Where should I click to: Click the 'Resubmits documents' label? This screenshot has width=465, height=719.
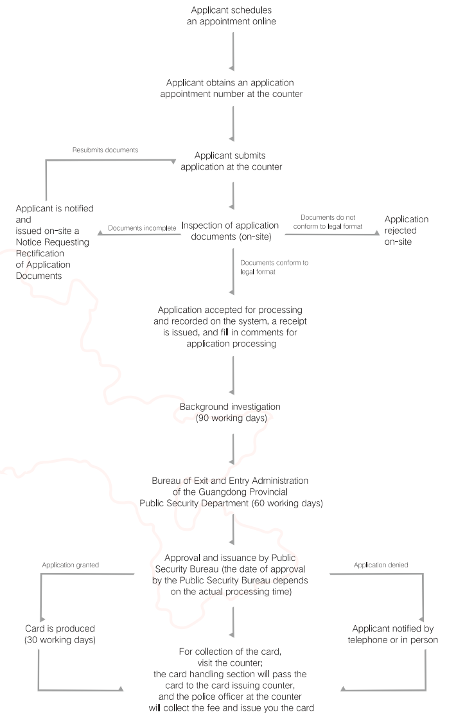105,150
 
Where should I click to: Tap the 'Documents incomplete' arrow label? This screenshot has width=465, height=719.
142,228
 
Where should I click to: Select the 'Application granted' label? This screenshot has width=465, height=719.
70,565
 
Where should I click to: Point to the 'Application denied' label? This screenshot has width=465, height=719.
381,565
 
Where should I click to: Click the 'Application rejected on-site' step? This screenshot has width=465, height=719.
407,231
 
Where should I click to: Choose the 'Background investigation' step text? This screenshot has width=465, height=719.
230,407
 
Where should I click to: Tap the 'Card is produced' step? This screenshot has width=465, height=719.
60,634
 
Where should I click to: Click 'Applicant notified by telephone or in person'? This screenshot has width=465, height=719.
392,634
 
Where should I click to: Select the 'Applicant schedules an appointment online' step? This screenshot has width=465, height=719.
231,15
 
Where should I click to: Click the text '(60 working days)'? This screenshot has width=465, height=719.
287,503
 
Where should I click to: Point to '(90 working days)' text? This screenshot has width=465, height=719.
231,418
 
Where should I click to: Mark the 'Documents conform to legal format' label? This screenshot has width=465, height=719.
274,267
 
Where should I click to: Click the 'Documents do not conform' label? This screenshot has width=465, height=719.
328,222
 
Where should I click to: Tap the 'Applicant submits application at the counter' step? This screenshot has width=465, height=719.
231,161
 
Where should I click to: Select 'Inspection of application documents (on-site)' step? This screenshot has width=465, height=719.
231,231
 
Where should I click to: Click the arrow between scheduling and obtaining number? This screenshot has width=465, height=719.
233,51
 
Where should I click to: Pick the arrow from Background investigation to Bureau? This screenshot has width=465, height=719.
233,449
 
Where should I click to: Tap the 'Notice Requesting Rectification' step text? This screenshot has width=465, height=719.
53,247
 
